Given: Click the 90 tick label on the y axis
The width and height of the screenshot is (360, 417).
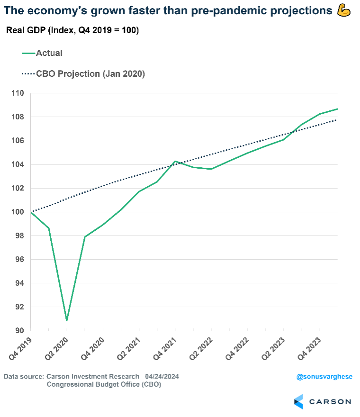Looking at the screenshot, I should click(x=19, y=330).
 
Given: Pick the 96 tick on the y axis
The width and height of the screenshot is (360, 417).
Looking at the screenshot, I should click(x=19, y=259).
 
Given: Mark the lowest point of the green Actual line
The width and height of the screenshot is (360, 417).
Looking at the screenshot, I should click(x=67, y=320).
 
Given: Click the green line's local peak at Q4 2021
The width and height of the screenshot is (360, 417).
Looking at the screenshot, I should click(x=175, y=161).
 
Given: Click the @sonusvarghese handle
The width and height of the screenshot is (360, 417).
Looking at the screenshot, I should click(x=324, y=377).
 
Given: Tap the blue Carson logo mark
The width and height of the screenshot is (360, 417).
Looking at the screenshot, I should click(x=298, y=401).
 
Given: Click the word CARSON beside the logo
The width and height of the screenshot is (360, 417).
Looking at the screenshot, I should click(x=330, y=402).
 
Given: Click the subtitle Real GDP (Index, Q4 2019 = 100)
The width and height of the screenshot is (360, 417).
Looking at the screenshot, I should click(x=72, y=31).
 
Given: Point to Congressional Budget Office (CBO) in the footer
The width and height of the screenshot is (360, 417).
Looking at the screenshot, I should click(x=104, y=384).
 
